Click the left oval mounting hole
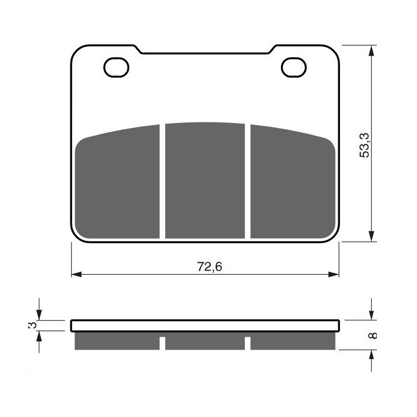[x=116, y=68]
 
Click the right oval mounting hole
[x=293, y=68]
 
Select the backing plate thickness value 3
[x=33, y=325]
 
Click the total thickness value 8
[x=372, y=335]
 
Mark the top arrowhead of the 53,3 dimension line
[x=371, y=50]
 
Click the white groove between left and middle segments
[x=163, y=182]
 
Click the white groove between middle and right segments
[x=248, y=182]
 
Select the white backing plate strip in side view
[x=205, y=326]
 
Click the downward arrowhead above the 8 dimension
[x=371, y=315]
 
